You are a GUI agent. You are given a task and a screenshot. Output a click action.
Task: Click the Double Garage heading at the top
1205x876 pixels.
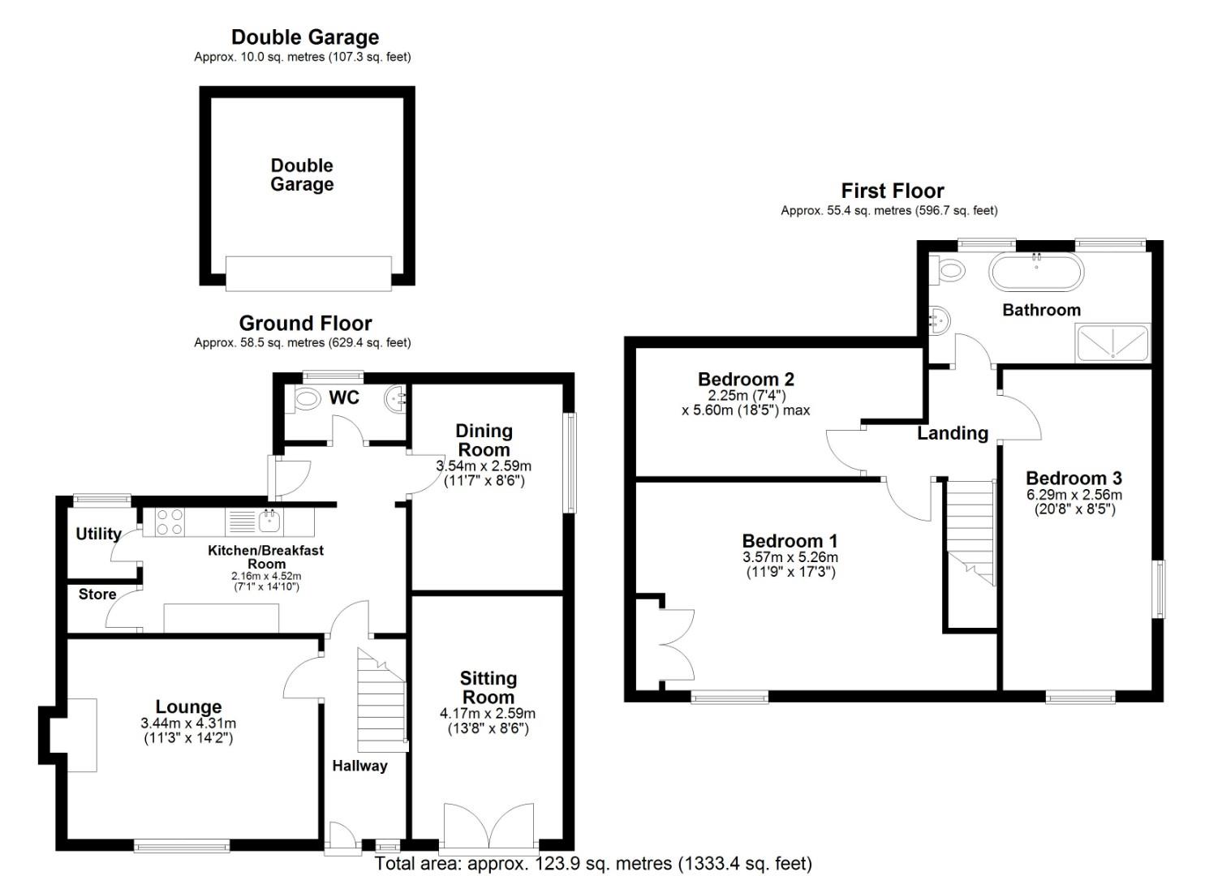(305, 37)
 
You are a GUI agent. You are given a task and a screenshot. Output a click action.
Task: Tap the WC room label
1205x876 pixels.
(344, 397)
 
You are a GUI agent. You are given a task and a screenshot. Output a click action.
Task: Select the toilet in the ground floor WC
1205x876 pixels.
(307, 398)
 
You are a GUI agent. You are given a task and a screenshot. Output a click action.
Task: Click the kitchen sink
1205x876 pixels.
(269, 519)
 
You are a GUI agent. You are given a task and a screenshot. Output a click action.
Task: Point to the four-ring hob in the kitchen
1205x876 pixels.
(169, 522)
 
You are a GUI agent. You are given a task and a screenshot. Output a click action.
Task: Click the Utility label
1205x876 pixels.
(98, 534)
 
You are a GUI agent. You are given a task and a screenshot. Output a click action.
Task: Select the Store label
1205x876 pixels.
(97, 595)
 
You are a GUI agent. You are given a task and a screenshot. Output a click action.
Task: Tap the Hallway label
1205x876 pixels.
(359, 766)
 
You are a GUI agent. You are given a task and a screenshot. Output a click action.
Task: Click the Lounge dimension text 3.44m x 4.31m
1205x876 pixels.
(188, 724)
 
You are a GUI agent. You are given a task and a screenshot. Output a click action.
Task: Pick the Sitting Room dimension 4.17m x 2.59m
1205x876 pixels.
(488, 714)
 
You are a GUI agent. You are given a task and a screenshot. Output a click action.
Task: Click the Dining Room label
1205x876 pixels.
(484, 440)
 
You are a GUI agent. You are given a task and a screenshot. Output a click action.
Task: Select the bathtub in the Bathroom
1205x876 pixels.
(1035, 272)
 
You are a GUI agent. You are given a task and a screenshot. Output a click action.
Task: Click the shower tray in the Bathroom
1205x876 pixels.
(1112, 343)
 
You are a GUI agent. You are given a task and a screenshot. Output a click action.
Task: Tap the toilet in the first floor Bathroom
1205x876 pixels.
(948, 270)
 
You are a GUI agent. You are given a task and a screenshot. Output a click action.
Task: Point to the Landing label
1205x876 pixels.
(953, 433)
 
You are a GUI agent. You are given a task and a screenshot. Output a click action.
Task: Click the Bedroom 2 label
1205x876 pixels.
(746, 379)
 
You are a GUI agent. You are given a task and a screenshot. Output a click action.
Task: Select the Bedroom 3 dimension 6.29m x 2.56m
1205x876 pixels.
(1074, 495)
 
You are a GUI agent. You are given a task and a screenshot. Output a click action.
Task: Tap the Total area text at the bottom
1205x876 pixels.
(593, 864)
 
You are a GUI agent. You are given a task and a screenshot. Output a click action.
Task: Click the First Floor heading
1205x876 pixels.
(893, 191)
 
